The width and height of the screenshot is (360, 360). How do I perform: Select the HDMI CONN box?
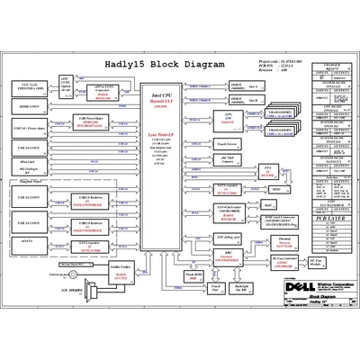(x=29, y=106)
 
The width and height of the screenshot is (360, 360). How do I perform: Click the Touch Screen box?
(x=227, y=142)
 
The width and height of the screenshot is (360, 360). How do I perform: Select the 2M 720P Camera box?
(x=227, y=158)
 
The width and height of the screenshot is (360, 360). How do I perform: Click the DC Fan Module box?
(x=316, y=259)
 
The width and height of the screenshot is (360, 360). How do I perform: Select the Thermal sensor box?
(x=284, y=240)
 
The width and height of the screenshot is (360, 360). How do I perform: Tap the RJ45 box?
(x=278, y=175)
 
